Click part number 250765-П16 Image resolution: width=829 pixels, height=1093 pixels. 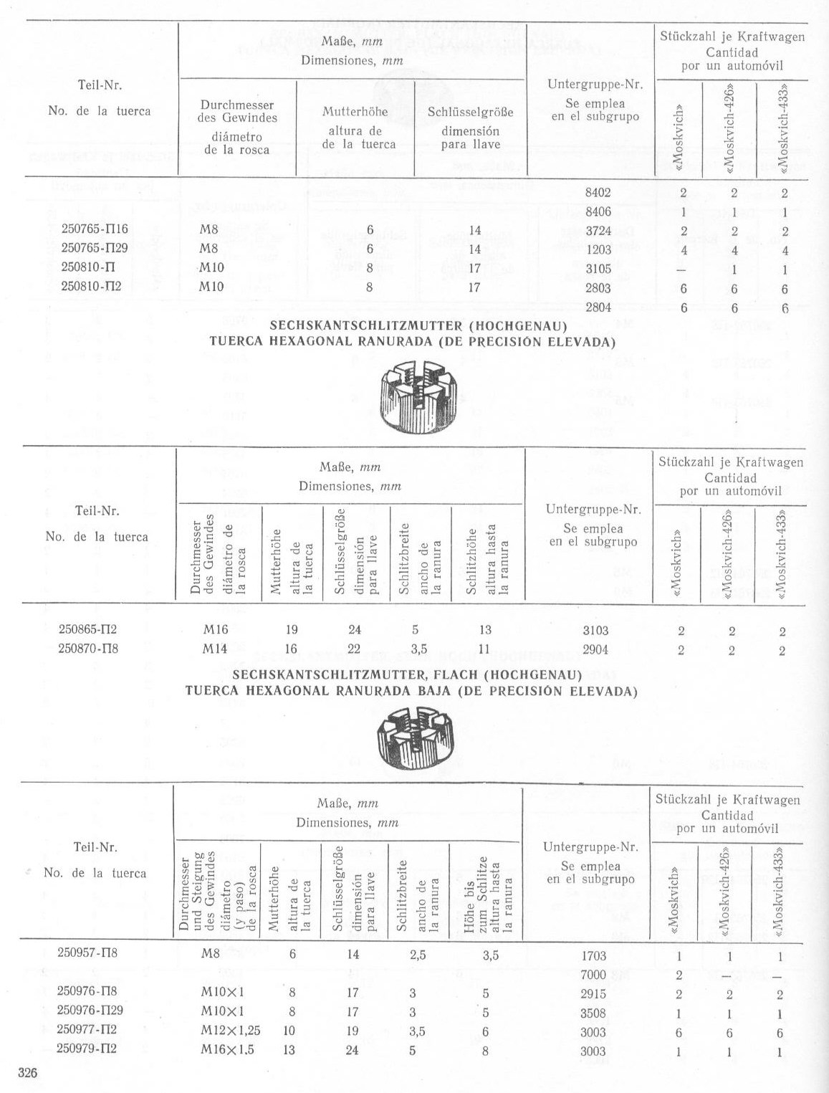click(94, 231)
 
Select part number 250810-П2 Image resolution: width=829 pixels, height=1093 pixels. click(93, 287)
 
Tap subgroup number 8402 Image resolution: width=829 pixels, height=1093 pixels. click(598, 192)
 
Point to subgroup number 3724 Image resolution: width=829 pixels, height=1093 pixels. click(598, 231)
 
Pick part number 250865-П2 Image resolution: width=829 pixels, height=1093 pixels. click(87, 630)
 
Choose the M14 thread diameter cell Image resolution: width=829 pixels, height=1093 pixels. click(215, 649)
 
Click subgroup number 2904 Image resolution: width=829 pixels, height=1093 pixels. click(595, 649)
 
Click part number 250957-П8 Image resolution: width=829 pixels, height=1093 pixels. click(87, 954)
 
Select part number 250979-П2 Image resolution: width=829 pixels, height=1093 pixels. click(87, 1051)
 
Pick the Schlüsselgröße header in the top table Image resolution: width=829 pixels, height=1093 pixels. click(470, 113)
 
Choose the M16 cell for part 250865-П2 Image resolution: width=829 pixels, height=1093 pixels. click(215, 630)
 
